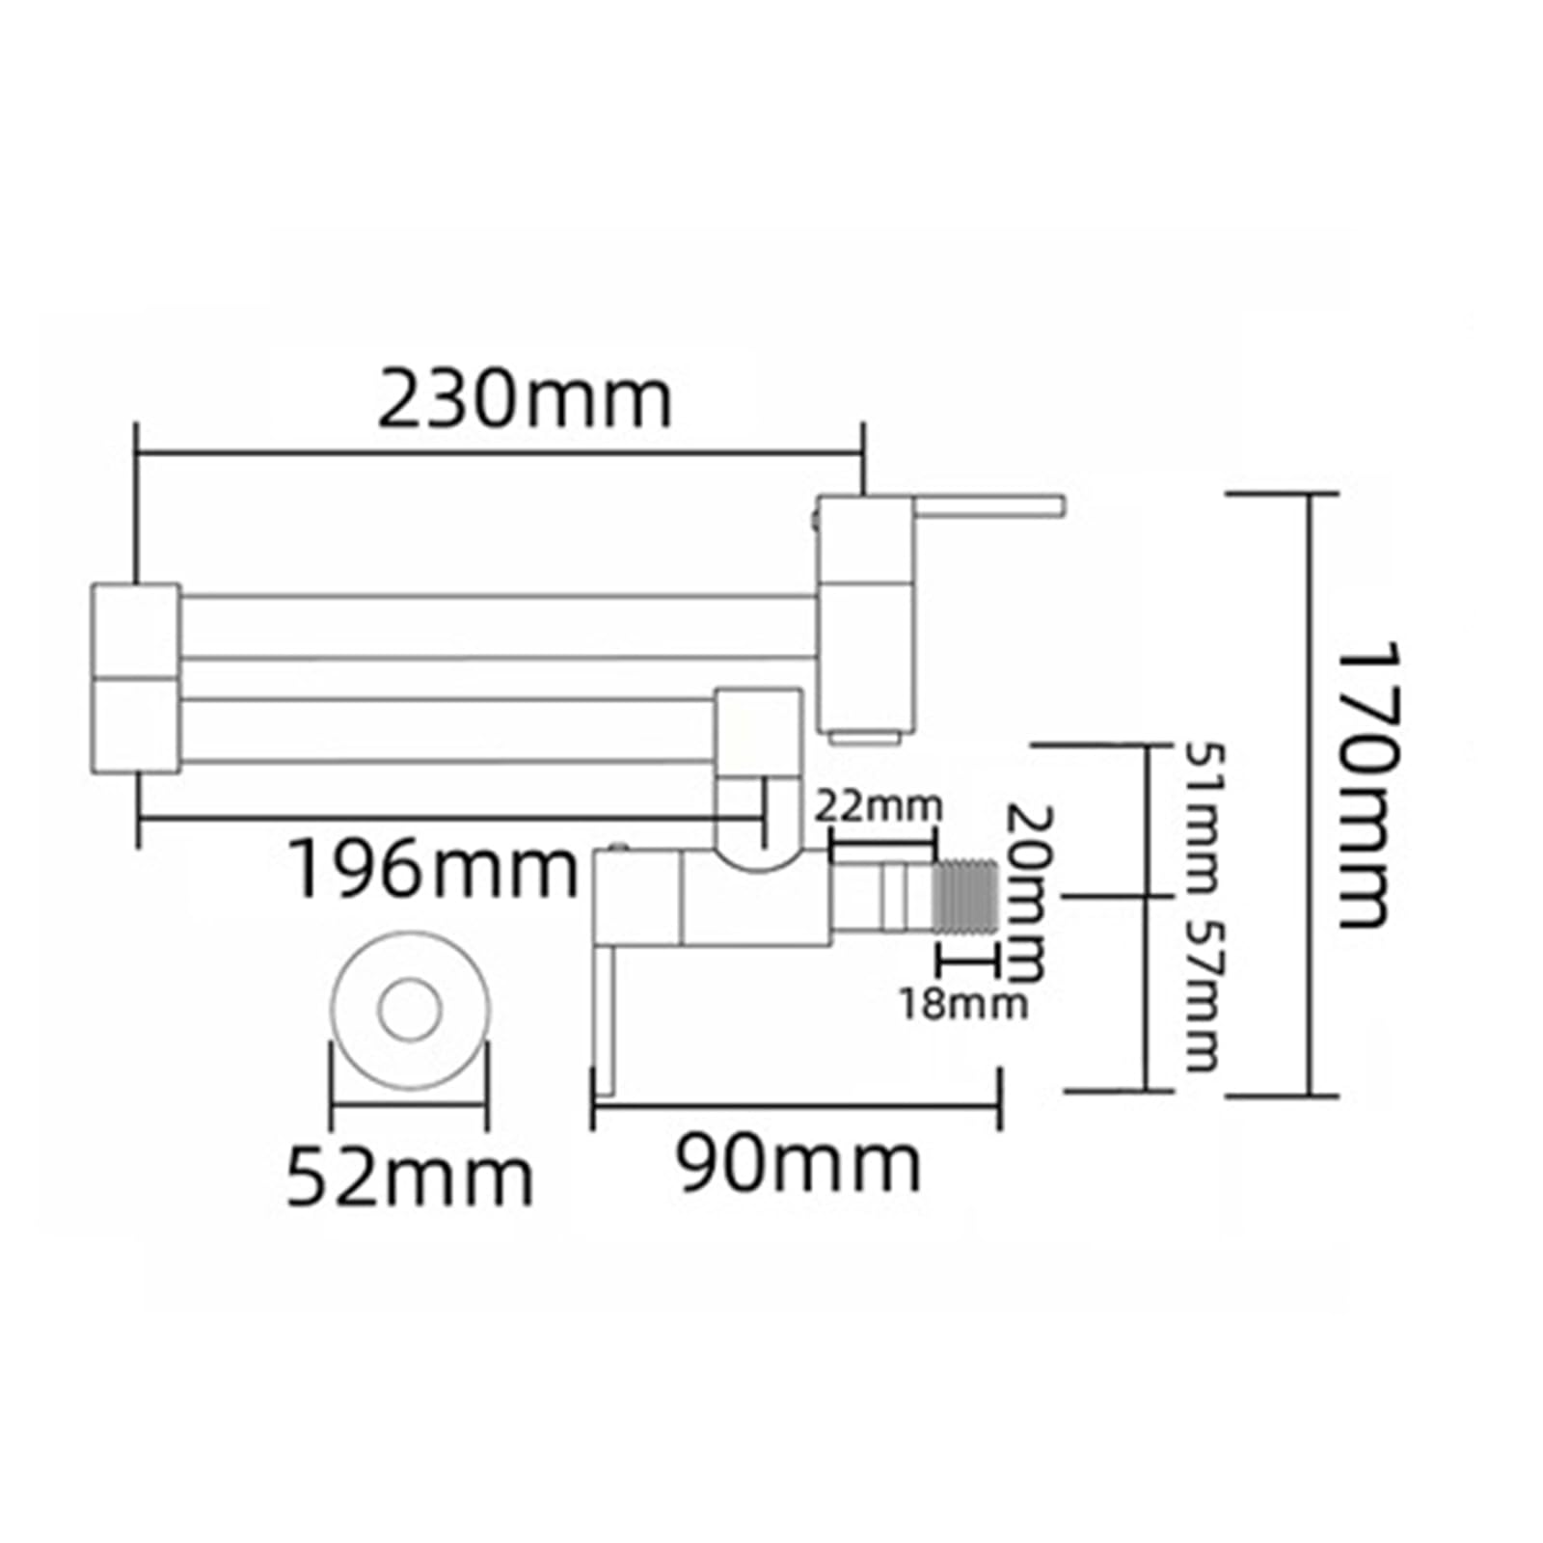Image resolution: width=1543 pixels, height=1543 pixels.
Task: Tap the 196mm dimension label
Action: point(434,869)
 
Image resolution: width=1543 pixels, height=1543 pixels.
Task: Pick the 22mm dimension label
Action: point(878,806)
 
